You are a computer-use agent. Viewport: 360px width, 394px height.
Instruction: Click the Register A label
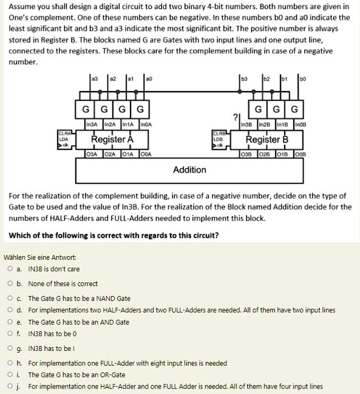point(112,140)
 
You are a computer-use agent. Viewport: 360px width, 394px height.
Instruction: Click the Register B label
point(267,140)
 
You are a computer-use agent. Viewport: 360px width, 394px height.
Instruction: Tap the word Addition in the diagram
point(189,169)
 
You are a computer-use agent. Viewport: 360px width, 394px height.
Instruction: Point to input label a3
point(94,78)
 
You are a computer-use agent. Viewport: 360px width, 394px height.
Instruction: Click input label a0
point(149,78)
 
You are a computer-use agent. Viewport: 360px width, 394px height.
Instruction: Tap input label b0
point(303,78)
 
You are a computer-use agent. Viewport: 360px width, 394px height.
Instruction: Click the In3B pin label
point(247,125)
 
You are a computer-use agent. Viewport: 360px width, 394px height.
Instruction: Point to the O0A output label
point(147,153)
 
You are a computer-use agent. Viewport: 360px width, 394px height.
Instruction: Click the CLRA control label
point(65,133)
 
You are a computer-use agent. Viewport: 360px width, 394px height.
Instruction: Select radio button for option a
point(11,269)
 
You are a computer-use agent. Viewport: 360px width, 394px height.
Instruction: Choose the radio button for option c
point(11,298)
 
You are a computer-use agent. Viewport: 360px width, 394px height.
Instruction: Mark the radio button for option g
point(11,348)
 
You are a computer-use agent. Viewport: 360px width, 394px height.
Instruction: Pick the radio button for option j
point(11,386)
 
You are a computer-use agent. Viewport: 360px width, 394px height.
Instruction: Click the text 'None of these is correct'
point(63,284)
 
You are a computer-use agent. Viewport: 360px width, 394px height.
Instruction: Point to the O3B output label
point(247,153)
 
